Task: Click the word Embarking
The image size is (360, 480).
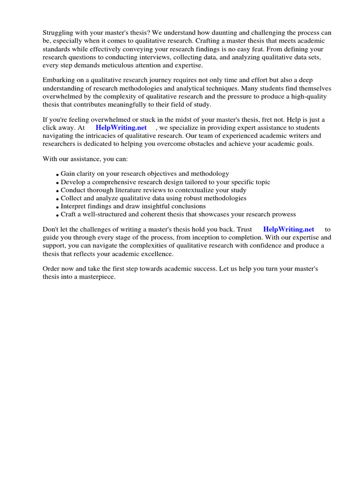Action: (x=60, y=80)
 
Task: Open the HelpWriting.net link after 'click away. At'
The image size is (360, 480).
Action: (x=121, y=127)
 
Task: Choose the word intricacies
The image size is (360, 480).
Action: (x=107, y=135)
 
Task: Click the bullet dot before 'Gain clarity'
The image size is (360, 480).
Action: (x=57, y=175)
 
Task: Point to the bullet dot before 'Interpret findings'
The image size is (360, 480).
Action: (x=57, y=207)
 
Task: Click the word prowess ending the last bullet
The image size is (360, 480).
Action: (x=283, y=214)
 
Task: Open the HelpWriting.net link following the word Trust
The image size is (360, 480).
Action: (x=289, y=230)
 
